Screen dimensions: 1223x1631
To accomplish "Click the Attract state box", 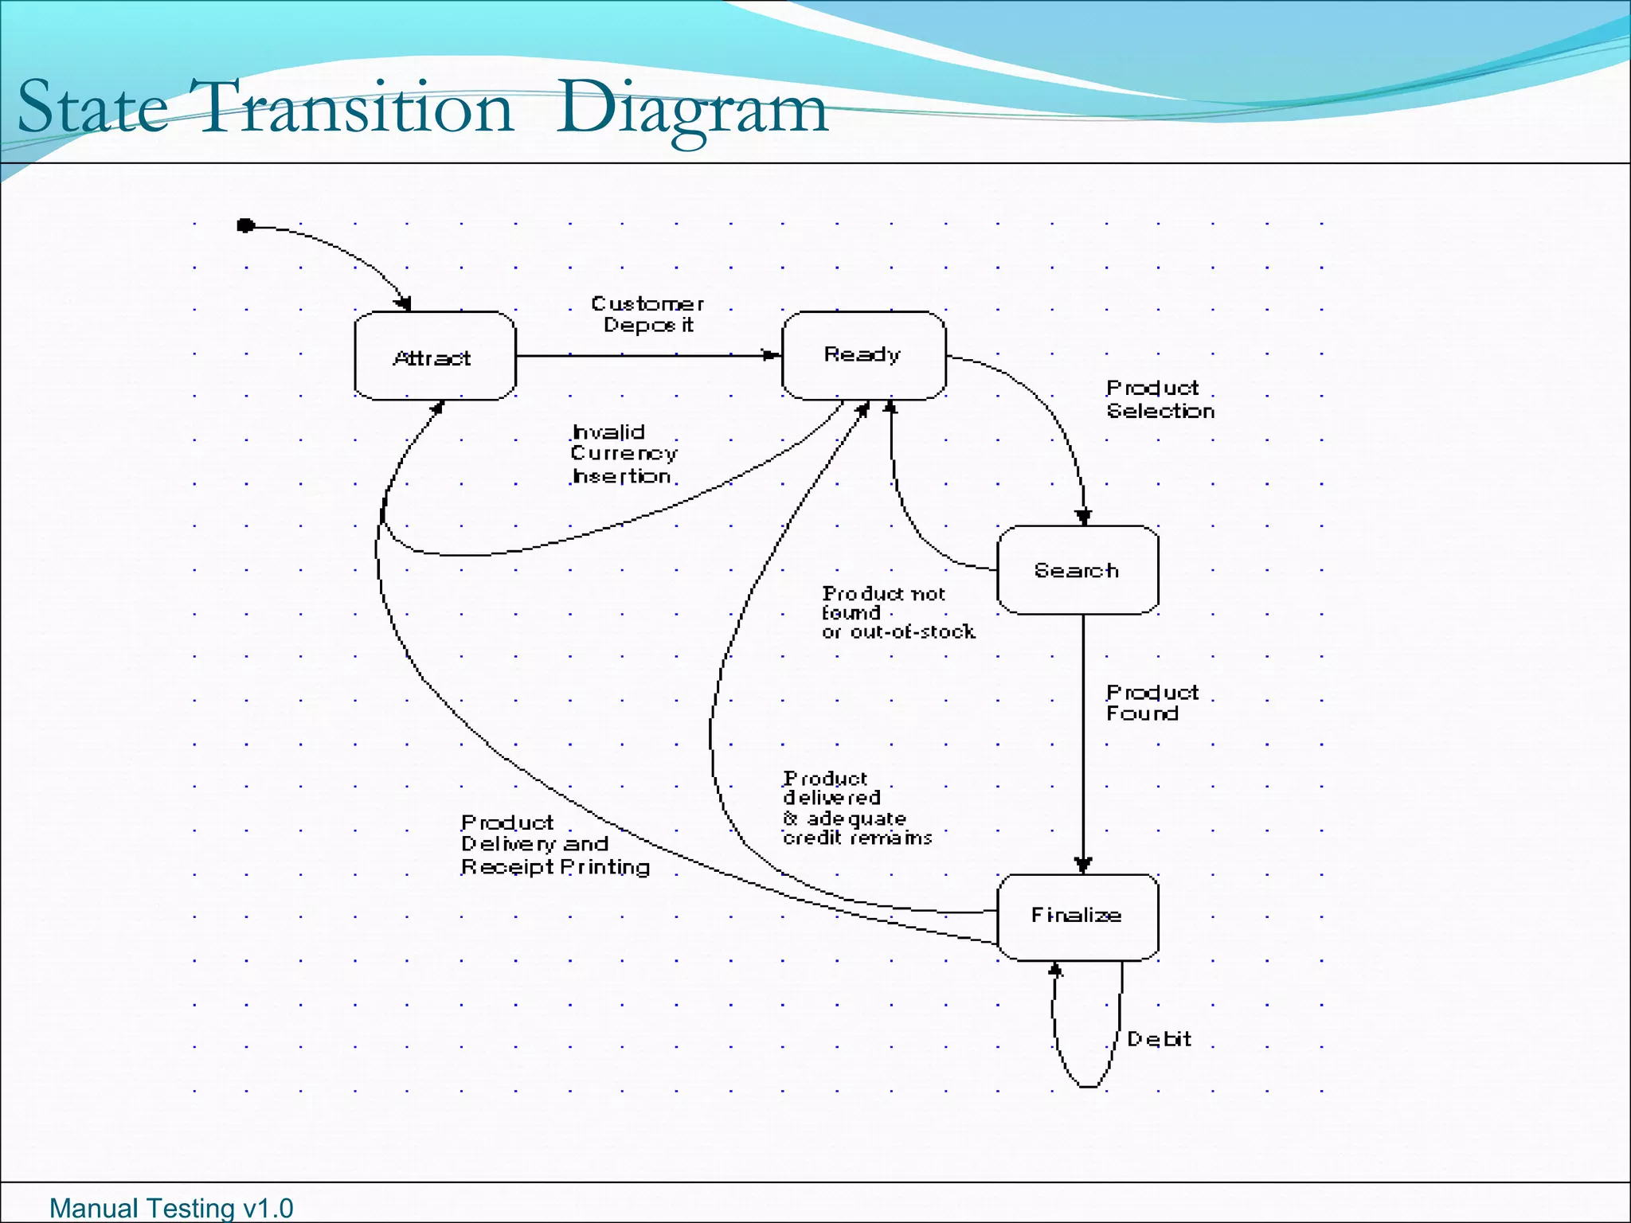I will [x=435, y=356].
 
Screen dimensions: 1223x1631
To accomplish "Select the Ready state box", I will [x=864, y=355].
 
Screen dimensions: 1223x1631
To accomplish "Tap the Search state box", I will [x=1078, y=570].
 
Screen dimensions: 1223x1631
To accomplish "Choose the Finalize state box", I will [x=1078, y=916].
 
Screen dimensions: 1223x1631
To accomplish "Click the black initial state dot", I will [x=246, y=226].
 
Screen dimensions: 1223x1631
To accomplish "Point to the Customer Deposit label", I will [x=647, y=315].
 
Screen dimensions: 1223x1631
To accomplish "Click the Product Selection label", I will [x=1160, y=400].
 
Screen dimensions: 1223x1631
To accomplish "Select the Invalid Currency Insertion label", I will [x=624, y=455].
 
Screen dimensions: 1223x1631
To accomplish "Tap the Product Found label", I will [x=1152, y=703].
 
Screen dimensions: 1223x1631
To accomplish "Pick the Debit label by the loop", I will [x=1159, y=1039].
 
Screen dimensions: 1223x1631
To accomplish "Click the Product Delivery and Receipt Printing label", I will [x=555, y=845].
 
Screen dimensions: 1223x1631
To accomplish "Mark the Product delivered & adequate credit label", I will [x=857, y=808].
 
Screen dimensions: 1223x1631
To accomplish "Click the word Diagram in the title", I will [x=692, y=109].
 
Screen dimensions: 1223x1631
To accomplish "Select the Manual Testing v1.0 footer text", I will [x=171, y=1208].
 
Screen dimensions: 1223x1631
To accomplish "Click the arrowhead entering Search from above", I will [x=1083, y=518].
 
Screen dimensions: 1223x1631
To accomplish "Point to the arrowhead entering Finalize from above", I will [x=1083, y=865].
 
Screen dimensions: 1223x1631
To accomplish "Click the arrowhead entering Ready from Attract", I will [x=771, y=355].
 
